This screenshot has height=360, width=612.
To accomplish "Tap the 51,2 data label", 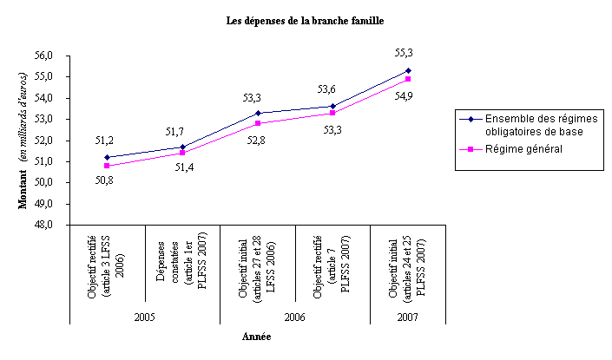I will [x=106, y=140].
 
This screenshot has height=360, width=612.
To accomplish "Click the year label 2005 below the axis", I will [x=145, y=317].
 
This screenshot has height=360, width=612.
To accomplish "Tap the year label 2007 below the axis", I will [x=409, y=317].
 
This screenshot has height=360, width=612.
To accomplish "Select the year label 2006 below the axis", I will [x=296, y=317].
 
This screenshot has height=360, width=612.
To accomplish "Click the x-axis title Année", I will [x=258, y=337].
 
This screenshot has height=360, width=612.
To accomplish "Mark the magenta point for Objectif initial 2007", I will [x=409, y=79].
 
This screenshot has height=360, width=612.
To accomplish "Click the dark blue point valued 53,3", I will [x=258, y=113].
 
